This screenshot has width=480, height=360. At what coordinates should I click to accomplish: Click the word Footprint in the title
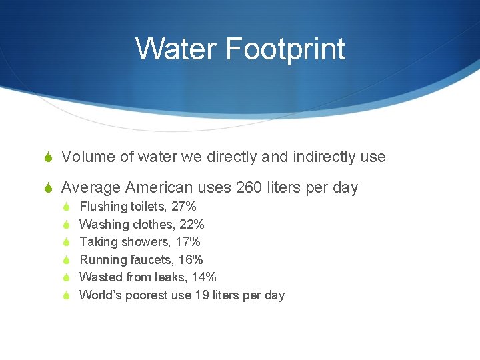point(285,49)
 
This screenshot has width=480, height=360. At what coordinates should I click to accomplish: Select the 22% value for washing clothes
point(192,225)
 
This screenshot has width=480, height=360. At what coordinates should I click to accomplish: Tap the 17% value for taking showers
point(188,242)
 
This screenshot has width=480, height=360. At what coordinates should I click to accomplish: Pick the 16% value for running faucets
point(191,260)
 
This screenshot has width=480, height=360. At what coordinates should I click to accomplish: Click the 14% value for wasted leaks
point(203,277)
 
